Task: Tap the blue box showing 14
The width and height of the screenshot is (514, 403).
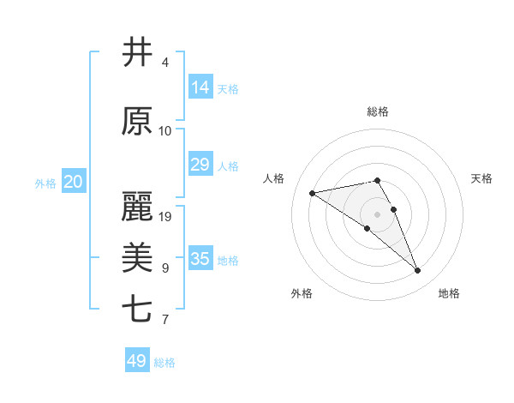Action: coord(200,87)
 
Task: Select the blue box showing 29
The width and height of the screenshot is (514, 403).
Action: coord(200,165)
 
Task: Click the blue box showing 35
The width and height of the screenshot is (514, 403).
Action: coord(200,259)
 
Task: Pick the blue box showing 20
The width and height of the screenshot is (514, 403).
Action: coord(74,182)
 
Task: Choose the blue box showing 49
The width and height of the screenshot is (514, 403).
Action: coord(137,361)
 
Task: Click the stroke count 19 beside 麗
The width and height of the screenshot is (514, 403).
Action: coord(165,217)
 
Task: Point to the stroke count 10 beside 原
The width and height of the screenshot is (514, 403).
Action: coord(165,131)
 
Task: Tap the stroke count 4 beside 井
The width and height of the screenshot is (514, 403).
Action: coord(165,63)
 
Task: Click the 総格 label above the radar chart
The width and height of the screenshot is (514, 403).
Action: coord(378,111)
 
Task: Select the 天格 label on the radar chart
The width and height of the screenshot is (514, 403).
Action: coord(481,178)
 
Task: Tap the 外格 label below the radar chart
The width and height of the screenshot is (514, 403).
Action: coord(302,293)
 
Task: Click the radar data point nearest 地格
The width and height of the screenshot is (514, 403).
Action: coord(417,271)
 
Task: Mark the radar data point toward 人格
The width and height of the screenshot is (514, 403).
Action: coord(313,193)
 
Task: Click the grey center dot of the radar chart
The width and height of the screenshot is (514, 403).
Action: coord(377,214)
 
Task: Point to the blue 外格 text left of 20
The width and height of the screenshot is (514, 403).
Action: coord(45,183)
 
